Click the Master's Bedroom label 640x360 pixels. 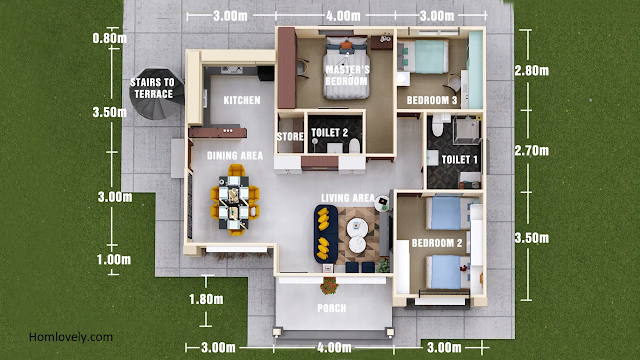coord(347,76)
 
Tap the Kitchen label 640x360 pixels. coord(242,100)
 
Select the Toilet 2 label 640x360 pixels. coord(329,133)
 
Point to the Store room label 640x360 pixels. coord(290,136)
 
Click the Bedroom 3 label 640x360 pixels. coord(432,100)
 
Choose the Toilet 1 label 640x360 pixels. coord(460,160)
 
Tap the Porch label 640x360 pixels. coord(332,308)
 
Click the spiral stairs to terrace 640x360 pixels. coord(157,94)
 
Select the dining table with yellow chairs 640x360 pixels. coord(235,200)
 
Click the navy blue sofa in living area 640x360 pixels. coord(326,234)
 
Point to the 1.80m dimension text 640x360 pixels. coord(206,300)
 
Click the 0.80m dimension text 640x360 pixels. coord(109,38)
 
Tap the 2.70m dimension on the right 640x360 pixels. coord(531,151)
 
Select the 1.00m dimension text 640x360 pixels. coord(114,260)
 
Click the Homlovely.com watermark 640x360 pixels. coord(71,337)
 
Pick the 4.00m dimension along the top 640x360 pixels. coord(343,16)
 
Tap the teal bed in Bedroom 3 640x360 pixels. coord(423,57)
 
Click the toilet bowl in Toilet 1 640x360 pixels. coord(438,125)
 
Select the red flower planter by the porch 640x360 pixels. coord(329,286)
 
